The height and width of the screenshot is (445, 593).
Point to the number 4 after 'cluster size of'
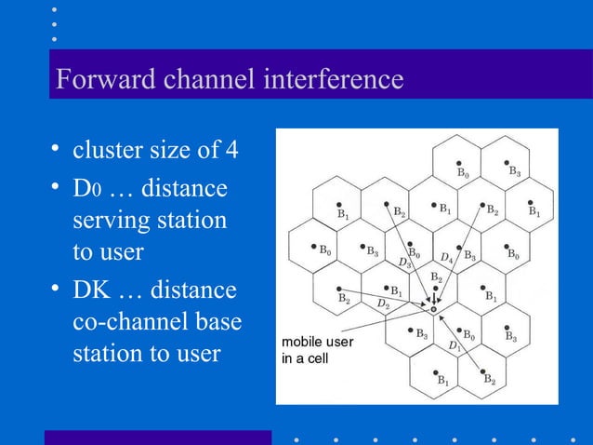pos(232,149)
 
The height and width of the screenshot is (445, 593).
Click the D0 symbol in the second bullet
pos(86,190)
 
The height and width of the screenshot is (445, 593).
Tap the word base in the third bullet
pos(216,321)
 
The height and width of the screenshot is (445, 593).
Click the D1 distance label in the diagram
pos(455,347)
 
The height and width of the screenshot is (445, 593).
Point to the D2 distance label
pos(382,304)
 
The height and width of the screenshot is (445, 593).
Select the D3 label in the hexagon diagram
pos(405,263)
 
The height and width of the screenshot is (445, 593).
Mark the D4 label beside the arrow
pos(447,257)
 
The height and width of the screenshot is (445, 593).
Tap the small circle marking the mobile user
pos(433,309)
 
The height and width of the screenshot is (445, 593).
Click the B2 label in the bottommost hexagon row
pos(489,380)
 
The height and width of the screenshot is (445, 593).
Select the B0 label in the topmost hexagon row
pos(462,173)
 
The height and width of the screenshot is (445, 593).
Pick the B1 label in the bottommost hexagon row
pos(443,380)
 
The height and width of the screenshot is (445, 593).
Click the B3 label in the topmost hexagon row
pos(514,171)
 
